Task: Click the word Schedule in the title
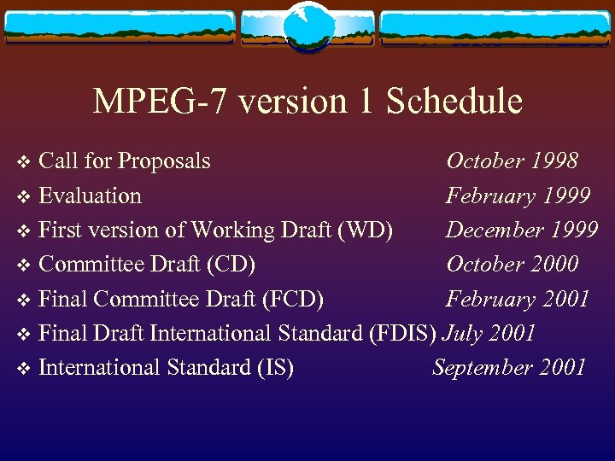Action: [x=454, y=102]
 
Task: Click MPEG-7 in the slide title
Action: [x=161, y=102]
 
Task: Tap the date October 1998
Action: [x=512, y=161]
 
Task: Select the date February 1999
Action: [x=518, y=196]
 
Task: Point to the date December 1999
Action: [x=521, y=230]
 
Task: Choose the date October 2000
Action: [x=512, y=265]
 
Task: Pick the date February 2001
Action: [x=518, y=300]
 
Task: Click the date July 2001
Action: [x=489, y=334]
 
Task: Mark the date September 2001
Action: [x=509, y=368]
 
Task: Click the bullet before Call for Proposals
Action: [x=23, y=162]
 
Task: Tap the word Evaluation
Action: [x=91, y=196]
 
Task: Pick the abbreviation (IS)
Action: [x=275, y=368]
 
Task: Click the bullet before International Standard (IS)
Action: [x=23, y=369]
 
